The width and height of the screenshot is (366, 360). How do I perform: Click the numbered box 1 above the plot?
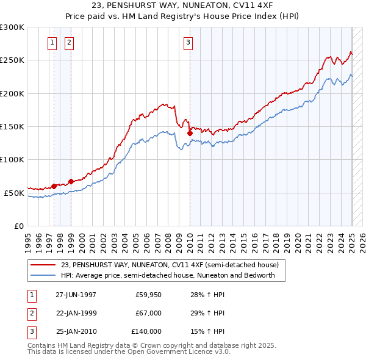click(x=52, y=42)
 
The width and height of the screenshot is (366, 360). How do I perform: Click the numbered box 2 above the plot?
click(x=69, y=42)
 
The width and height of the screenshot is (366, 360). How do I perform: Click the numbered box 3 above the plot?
click(x=188, y=42)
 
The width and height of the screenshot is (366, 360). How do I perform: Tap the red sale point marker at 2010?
click(x=190, y=133)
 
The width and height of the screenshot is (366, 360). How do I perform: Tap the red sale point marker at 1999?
click(x=71, y=181)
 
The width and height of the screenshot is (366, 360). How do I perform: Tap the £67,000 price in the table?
click(x=148, y=313)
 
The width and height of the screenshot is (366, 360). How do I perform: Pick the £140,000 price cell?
click(x=146, y=331)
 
